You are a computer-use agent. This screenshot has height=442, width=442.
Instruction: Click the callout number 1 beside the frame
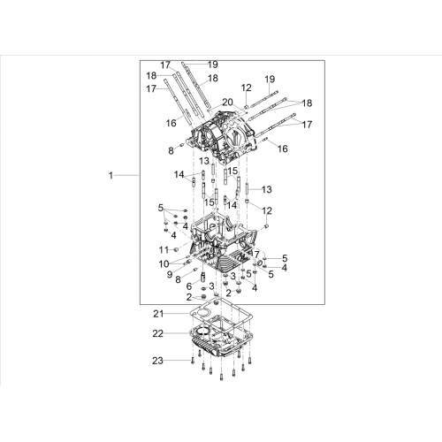[110, 176]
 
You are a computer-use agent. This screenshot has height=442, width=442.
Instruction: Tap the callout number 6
[189, 286]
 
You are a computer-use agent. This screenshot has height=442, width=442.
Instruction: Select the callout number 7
[256, 254]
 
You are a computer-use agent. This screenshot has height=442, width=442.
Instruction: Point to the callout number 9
[170, 274]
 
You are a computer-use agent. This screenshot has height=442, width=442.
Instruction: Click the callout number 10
[164, 264]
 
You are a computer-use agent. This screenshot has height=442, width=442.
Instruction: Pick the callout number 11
[164, 250]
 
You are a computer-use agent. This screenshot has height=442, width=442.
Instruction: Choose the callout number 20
[227, 103]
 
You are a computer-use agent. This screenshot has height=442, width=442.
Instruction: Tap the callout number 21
[158, 314]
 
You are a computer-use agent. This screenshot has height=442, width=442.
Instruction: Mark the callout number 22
[158, 333]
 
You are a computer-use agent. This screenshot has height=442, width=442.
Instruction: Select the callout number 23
[157, 361]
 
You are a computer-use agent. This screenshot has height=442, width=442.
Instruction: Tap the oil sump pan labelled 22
[222, 339]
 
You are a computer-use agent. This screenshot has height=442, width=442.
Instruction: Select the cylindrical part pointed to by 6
[203, 278]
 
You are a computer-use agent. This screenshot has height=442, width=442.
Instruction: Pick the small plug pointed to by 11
[176, 250]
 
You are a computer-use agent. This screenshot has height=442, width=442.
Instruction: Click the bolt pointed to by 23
[192, 360]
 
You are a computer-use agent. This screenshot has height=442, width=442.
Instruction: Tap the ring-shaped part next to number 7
[261, 263]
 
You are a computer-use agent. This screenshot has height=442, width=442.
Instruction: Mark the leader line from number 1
[126, 176]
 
